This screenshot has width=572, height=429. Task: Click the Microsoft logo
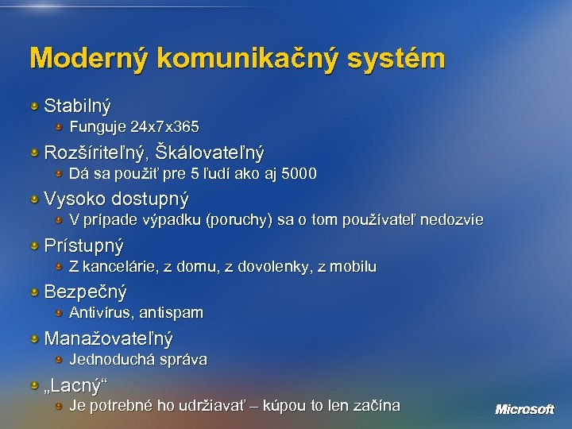coord(524,409)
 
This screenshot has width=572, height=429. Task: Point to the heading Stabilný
coord(77,105)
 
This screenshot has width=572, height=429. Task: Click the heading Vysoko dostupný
coord(116,198)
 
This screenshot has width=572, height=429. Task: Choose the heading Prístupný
coord(83,245)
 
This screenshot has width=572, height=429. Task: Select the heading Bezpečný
coord(85,292)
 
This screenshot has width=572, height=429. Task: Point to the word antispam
coord(170,313)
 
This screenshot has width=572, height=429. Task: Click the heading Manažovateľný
coord(108,338)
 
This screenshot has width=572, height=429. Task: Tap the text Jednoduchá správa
coord(138,359)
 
